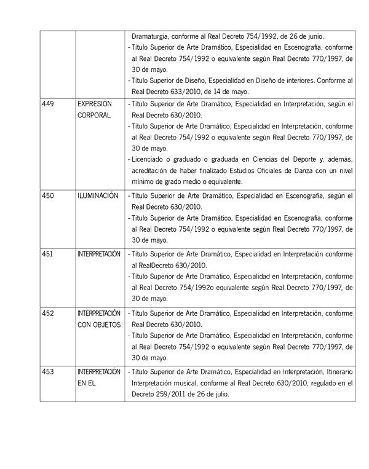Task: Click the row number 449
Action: (x=47, y=104)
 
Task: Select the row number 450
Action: (x=47, y=195)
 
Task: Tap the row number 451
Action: (x=47, y=254)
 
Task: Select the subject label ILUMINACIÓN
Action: (x=98, y=195)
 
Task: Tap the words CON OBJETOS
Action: (x=99, y=325)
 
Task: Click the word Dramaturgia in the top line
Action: (x=151, y=36)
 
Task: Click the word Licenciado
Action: (x=151, y=159)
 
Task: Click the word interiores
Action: (x=298, y=80)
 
